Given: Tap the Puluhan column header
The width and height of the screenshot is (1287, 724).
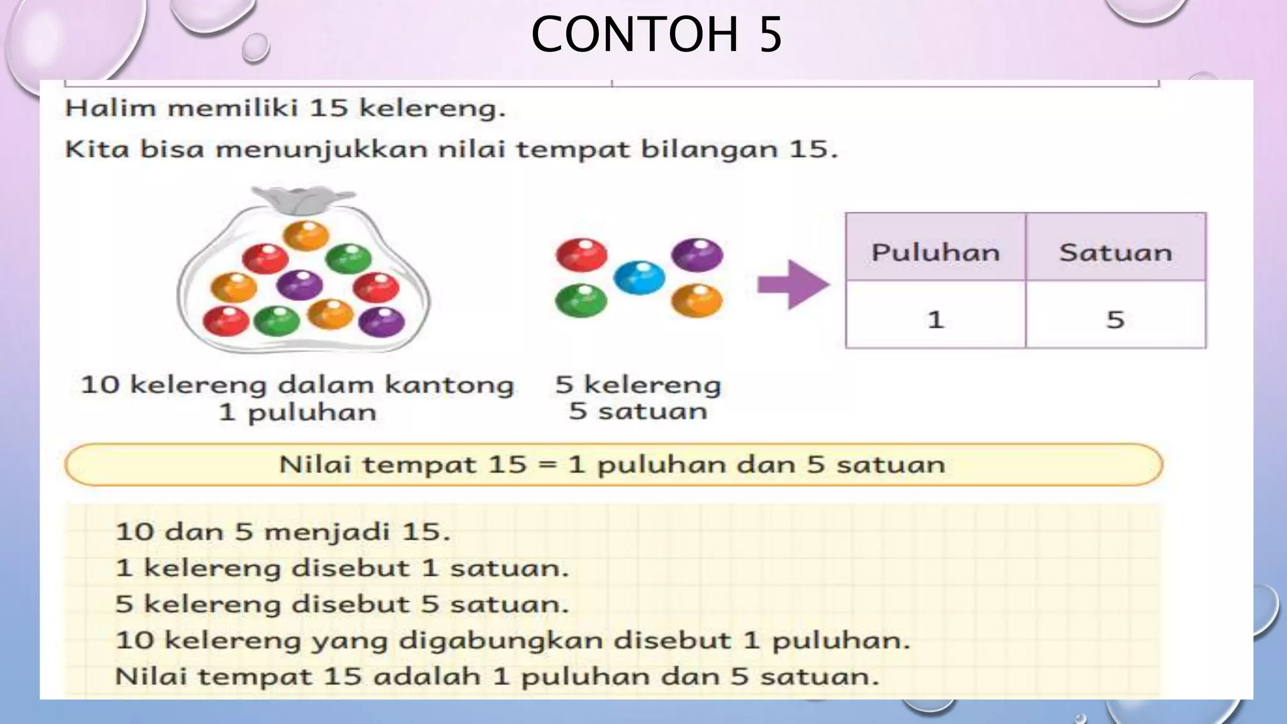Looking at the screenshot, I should [x=935, y=253].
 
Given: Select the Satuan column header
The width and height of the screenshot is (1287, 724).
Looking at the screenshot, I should [x=1115, y=253].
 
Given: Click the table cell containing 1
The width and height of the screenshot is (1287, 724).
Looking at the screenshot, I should [x=935, y=319].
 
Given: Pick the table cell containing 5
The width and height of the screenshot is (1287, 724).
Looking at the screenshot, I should [x=1115, y=319].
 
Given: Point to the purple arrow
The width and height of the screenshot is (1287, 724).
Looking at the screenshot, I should [x=793, y=285].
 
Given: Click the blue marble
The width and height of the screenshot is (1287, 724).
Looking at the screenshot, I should [x=639, y=277].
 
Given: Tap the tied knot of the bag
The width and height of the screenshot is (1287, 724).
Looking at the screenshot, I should [x=304, y=200].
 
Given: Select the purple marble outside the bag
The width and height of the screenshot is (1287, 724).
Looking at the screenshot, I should [x=697, y=255].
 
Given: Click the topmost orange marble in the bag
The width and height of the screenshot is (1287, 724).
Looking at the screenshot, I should [x=306, y=236].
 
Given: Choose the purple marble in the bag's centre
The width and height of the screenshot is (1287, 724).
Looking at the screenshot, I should [x=300, y=284].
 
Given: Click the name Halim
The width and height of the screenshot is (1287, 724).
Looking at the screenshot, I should [x=111, y=108].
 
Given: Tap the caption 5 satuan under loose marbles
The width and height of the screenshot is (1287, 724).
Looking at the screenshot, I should [x=638, y=412].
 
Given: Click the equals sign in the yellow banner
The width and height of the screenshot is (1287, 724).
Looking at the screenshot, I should [x=547, y=465].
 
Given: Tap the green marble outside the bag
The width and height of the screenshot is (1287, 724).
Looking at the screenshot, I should [x=581, y=300].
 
